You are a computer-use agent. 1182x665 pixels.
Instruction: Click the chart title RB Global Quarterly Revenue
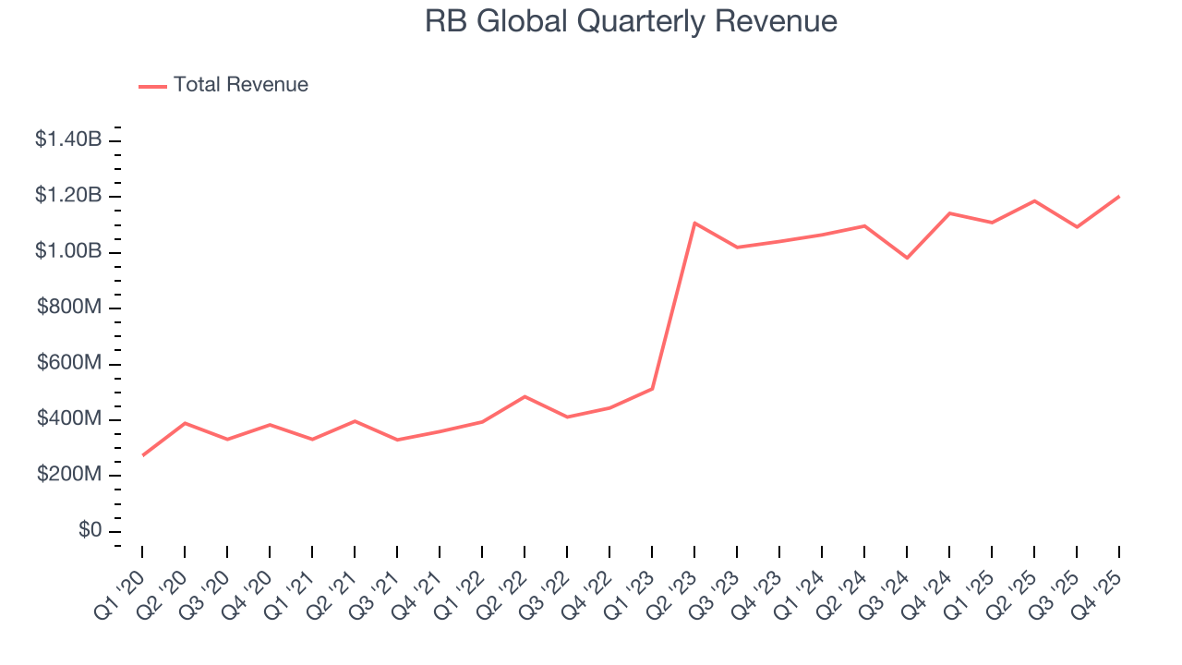tap(631, 21)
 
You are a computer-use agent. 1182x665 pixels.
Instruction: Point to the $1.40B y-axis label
tap(68, 140)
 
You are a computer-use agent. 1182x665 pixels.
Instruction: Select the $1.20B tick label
tap(68, 196)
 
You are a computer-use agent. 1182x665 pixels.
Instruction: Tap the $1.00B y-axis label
tap(68, 252)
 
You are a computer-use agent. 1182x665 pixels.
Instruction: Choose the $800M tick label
tap(69, 308)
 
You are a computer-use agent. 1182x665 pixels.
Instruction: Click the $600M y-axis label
tap(69, 364)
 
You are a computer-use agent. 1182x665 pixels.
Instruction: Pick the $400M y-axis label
tap(69, 419)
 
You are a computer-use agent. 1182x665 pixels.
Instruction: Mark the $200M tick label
tap(69, 476)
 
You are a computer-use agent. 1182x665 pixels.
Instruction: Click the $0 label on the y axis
tap(90, 531)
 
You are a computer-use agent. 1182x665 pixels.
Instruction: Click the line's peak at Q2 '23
tap(694, 223)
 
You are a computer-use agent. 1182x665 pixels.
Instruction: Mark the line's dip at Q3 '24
tap(907, 258)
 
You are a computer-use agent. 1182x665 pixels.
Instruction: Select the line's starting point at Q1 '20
tap(143, 455)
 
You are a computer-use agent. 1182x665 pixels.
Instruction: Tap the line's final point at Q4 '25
tap(1119, 196)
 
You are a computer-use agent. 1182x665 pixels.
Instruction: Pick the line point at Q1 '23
tap(652, 389)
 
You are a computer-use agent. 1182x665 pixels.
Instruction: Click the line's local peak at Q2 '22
tap(525, 396)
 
